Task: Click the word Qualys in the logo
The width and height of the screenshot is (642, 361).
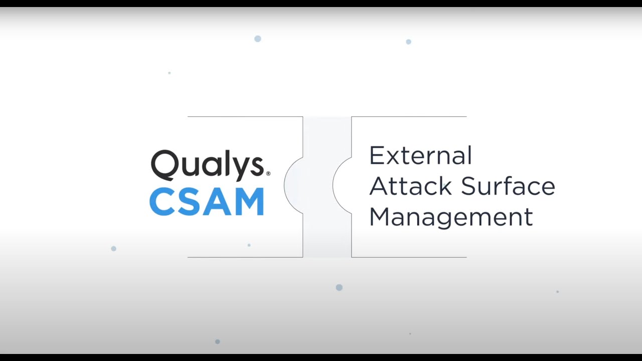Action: point(207,165)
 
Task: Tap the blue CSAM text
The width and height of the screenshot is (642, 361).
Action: point(207,202)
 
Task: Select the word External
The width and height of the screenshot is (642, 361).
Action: point(420,155)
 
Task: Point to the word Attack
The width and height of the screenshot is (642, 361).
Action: point(410,186)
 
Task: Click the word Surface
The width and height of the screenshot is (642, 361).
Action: point(508,186)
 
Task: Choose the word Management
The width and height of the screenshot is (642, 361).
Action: point(450,217)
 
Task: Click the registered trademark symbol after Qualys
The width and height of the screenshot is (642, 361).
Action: point(268,173)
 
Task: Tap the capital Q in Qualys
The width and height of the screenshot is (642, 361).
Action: point(164,165)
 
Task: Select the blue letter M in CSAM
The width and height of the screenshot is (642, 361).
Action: point(248,202)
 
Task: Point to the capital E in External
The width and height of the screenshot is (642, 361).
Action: point(376,155)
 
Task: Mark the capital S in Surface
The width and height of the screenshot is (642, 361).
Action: point(468,186)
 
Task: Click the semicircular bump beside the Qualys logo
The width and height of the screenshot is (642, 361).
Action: point(293,186)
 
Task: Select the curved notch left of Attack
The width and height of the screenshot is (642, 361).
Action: point(342,185)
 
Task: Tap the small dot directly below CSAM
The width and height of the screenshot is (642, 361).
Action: point(249,245)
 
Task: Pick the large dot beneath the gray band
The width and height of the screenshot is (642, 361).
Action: point(339,287)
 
